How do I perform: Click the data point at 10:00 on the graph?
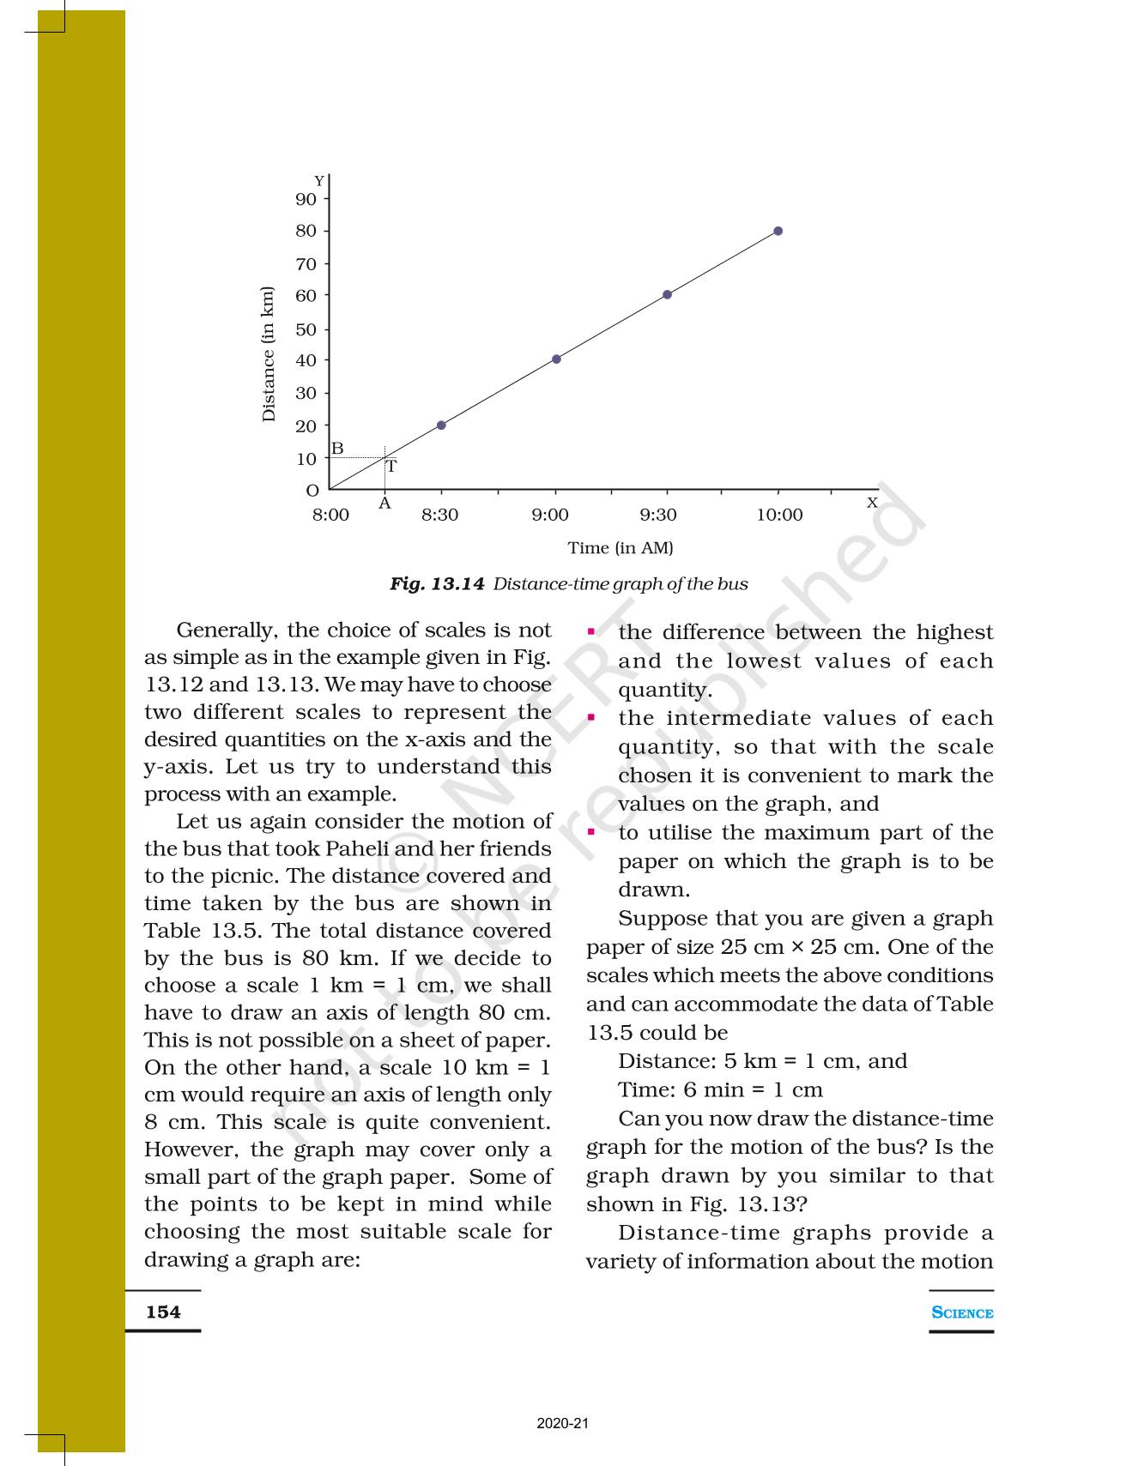778,231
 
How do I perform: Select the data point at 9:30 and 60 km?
667,295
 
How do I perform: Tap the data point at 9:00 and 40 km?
556,359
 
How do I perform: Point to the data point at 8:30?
441,425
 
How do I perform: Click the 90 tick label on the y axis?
306,199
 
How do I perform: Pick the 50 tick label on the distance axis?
306,329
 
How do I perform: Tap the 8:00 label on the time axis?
330,515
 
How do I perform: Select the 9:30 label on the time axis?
658,515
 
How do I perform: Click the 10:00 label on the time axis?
779,515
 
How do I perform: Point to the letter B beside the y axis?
337,449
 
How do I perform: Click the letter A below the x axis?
384,504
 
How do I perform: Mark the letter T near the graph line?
391,468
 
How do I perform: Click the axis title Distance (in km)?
269,354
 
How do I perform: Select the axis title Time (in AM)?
620,547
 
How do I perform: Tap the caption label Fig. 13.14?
437,584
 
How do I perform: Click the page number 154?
163,1312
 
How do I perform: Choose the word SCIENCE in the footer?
962,1312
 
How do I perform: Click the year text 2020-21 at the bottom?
563,1424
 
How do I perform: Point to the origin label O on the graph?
312,491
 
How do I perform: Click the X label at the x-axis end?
872,503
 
